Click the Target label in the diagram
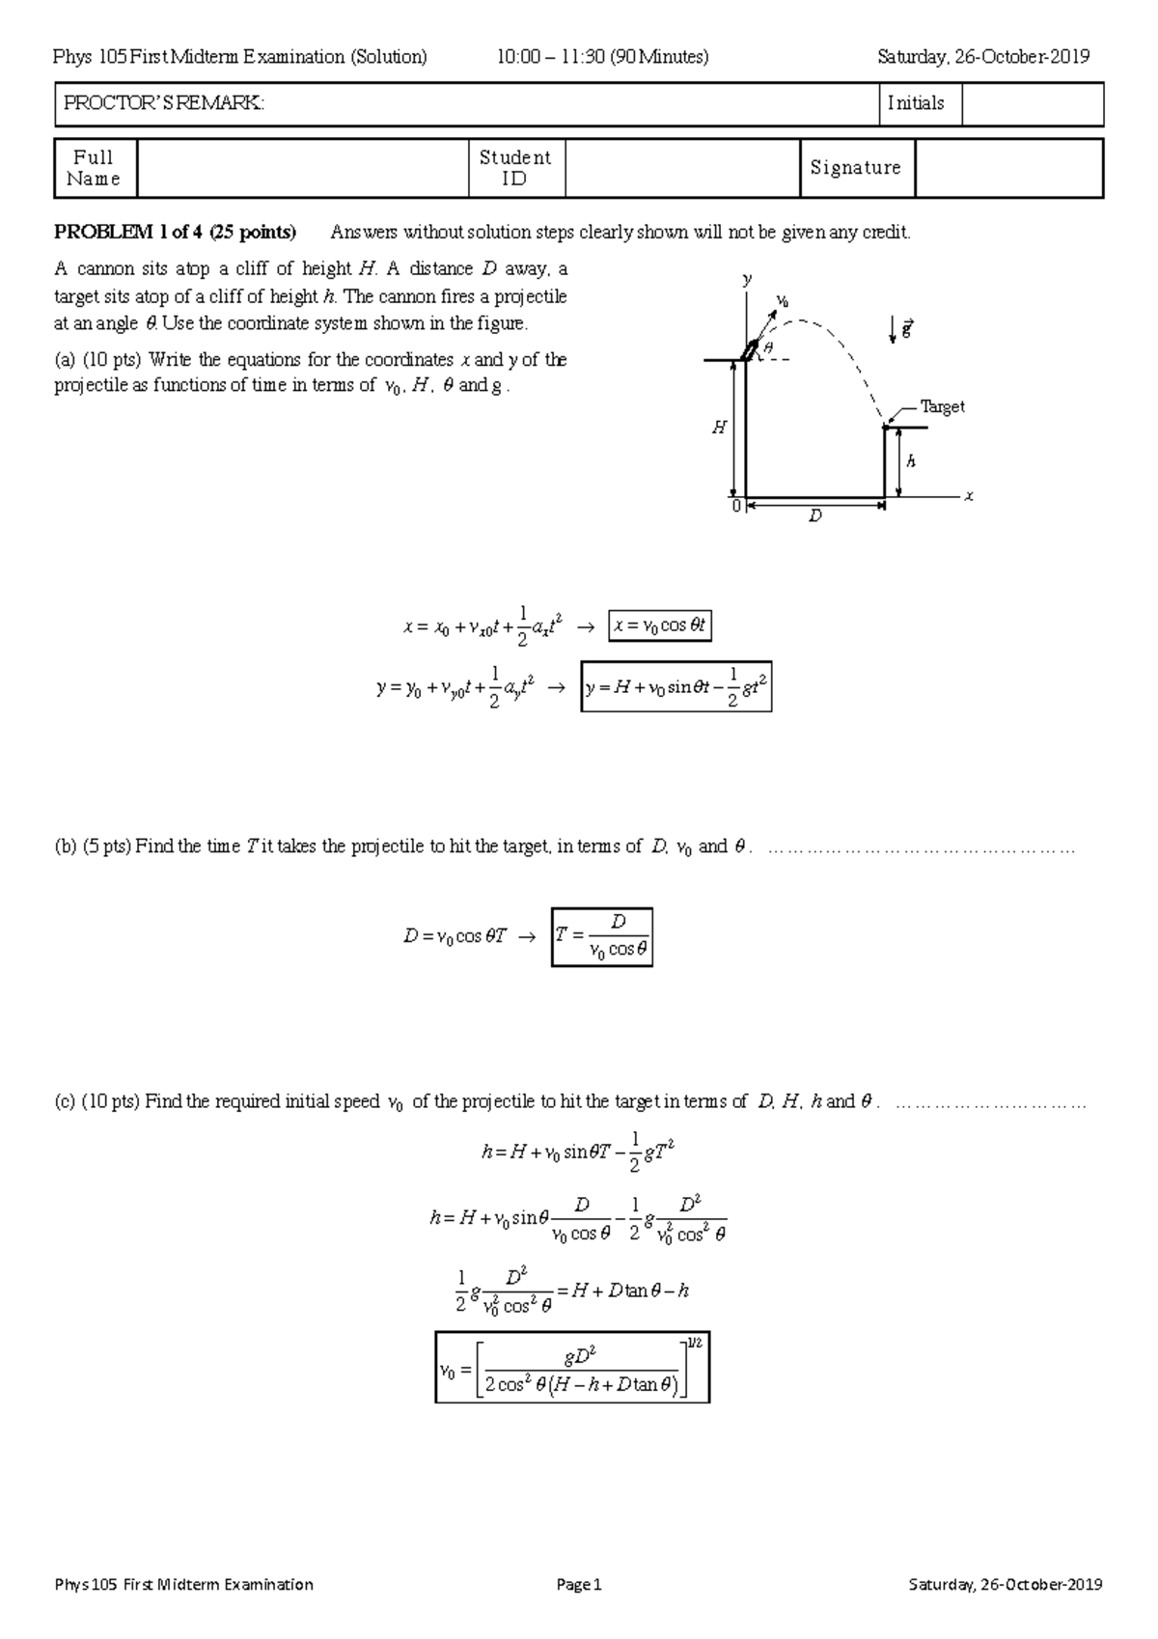pyautogui.click(x=942, y=406)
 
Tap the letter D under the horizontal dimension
pyautogui.click(x=815, y=516)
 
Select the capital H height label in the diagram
pyautogui.click(x=719, y=428)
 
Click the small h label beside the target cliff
pyautogui.click(x=910, y=461)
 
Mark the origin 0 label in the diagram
pyautogui.click(x=735, y=505)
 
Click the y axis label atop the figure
pyautogui.click(x=746, y=279)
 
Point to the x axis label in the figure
pyautogui.click(x=969, y=496)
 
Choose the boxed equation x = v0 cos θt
pyautogui.click(x=659, y=625)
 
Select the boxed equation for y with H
pyautogui.click(x=675, y=686)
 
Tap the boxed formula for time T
pyautogui.click(x=602, y=936)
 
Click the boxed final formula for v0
pyautogui.click(x=572, y=1367)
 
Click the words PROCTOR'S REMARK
pyautogui.click(x=163, y=103)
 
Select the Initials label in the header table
pyautogui.click(x=915, y=103)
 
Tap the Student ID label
pyautogui.click(x=514, y=168)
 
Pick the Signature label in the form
pyautogui.click(x=855, y=168)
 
